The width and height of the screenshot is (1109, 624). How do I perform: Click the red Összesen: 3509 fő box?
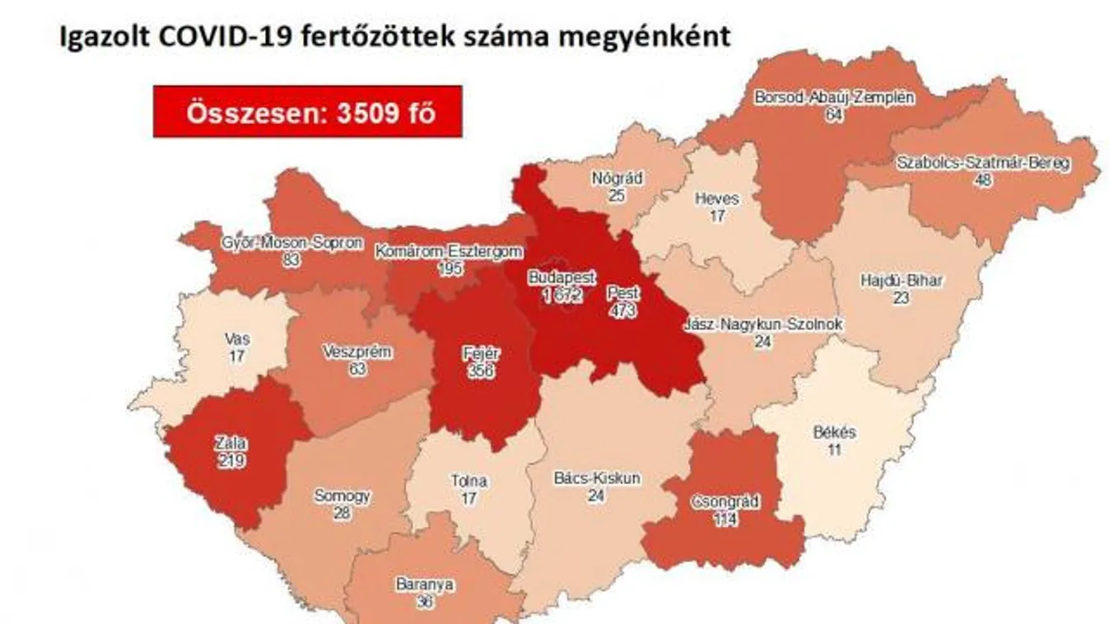pyautogui.click(x=307, y=111)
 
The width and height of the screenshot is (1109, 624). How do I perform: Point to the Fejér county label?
pyautogui.click(x=482, y=354)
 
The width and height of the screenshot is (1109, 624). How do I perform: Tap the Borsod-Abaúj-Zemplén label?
pyautogui.click(x=834, y=97)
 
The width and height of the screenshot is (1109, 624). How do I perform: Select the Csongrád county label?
pyautogui.click(x=725, y=502)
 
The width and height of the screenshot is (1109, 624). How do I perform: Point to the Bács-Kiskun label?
pyautogui.click(x=597, y=477)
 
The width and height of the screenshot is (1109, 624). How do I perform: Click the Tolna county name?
pyautogui.click(x=469, y=481)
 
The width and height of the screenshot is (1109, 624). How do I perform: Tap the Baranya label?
pyautogui.click(x=425, y=584)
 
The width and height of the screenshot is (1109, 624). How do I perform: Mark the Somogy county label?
pyautogui.click(x=342, y=496)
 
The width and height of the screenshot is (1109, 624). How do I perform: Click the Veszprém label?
pyautogui.click(x=357, y=352)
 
